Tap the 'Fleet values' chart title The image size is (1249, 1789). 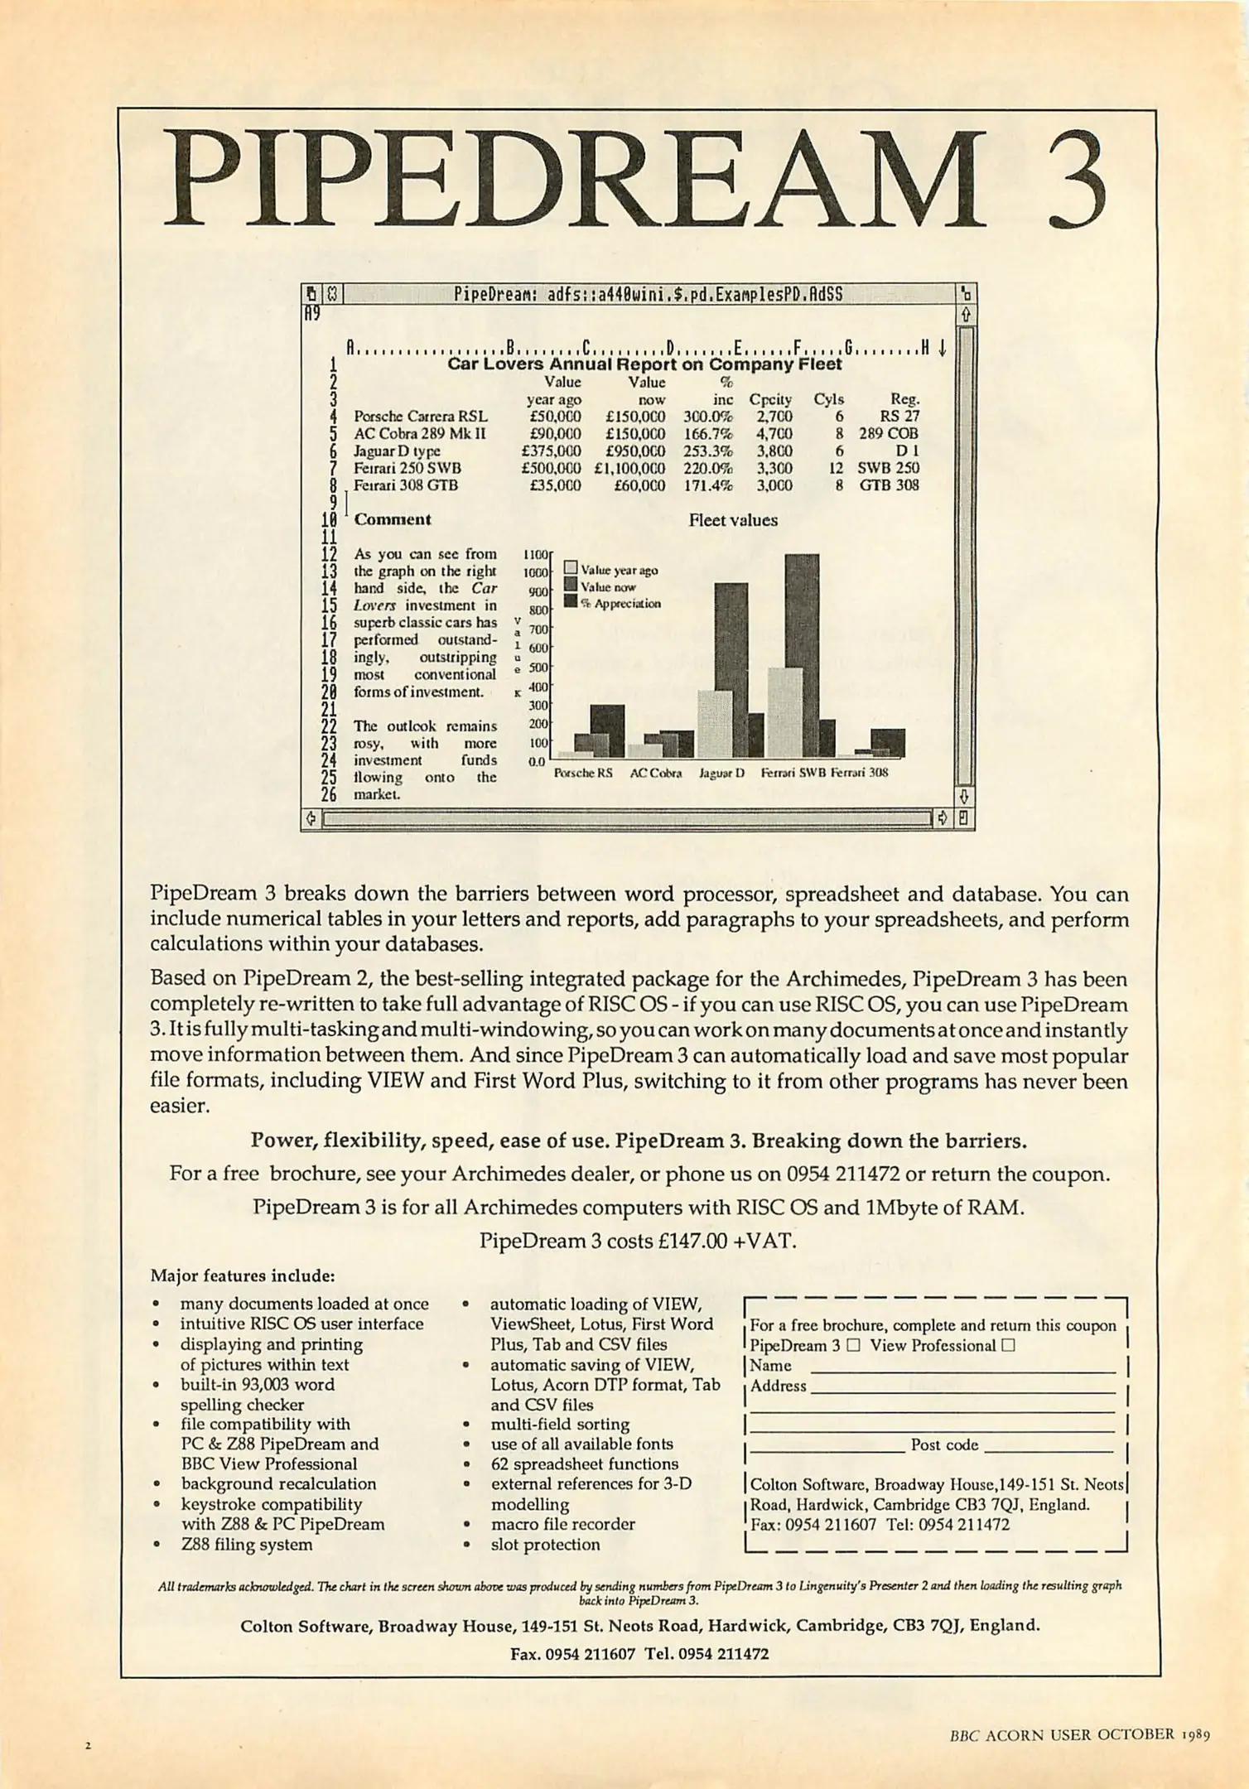point(733,520)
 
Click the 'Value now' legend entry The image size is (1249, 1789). point(608,586)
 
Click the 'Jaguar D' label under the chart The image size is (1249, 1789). point(722,773)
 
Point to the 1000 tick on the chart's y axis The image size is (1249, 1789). point(536,572)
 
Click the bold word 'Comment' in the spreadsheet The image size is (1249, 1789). point(392,519)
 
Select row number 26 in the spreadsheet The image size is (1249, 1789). point(329,794)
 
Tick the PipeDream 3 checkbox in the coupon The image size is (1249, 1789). point(854,1346)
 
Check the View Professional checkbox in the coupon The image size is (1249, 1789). point(1008,1346)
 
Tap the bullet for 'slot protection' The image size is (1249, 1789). point(467,1545)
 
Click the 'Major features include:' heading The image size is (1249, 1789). point(242,1275)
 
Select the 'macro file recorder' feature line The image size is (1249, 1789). point(562,1524)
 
